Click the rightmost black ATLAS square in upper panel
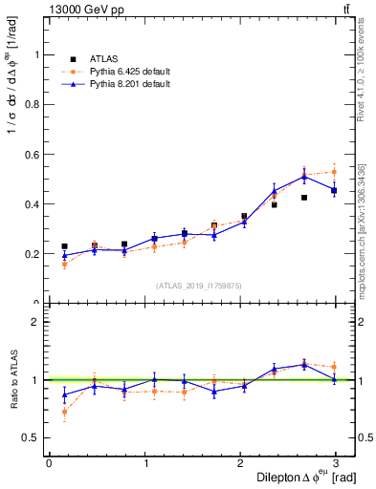point(334,191)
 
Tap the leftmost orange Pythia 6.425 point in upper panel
point(64,265)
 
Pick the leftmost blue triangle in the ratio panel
point(64,394)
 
